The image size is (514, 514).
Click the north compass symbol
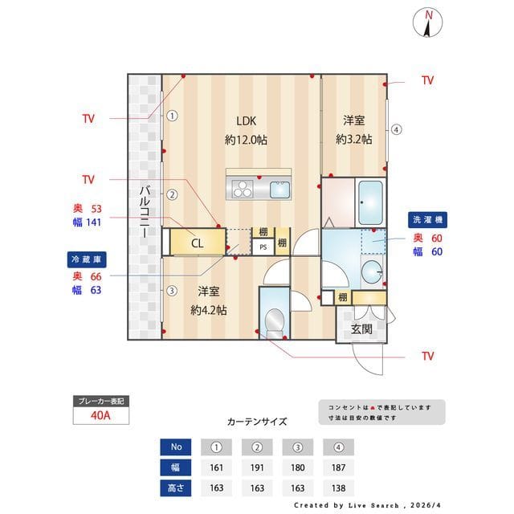point(430,22)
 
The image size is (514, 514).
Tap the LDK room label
point(246,121)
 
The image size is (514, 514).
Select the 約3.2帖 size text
point(353,139)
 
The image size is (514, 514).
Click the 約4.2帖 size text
point(208,309)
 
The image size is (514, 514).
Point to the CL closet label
point(197,242)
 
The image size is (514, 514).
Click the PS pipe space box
point(263,247)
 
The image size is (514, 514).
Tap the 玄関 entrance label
point(361,329)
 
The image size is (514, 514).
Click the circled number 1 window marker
point(172,115)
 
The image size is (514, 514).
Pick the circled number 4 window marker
point(397,129)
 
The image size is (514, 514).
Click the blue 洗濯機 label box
point(428,219)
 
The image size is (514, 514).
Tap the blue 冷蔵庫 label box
point(87,259)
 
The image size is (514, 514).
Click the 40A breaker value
point(100,416)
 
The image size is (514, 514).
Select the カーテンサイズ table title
point(257,421)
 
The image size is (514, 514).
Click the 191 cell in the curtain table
point(258,467)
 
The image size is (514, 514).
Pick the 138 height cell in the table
point(339,487)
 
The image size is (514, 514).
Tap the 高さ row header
point(176,487)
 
